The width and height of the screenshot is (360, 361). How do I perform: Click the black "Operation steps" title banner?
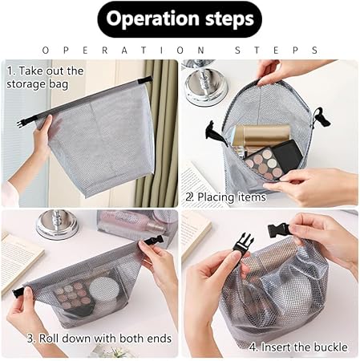pos(180,19)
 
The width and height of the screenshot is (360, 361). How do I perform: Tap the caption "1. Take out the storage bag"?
pos(45,78)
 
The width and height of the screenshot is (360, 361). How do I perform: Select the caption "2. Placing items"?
pos(225,197)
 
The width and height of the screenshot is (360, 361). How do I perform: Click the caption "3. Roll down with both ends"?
pos(99,339)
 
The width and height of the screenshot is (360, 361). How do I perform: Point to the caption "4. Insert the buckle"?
pos(298,347)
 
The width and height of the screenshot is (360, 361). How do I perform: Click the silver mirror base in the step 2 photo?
pos(207,87)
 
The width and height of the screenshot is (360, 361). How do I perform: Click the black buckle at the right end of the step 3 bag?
pos(153,241)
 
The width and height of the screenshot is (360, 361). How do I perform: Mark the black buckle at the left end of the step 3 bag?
pos(18,293)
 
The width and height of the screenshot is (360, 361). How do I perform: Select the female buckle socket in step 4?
pos(279,229)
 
